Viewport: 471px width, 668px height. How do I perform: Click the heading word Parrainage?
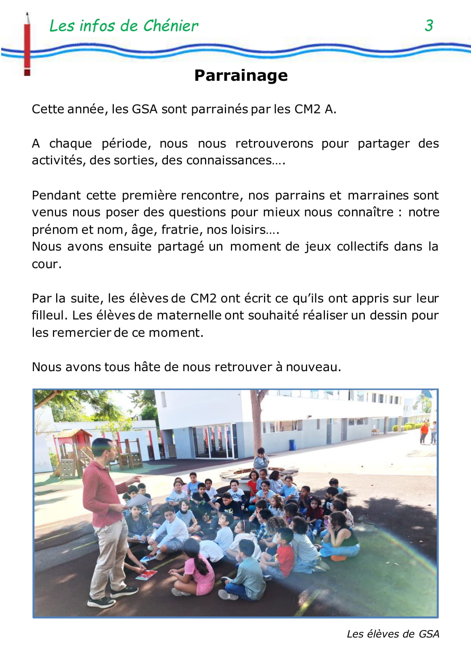pos(241,76)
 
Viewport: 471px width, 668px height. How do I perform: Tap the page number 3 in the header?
pos(429,25)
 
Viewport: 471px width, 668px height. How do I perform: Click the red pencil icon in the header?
pos(27,44)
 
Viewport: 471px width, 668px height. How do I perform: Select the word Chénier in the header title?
pos(171,26)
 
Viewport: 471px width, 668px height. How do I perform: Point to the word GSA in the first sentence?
pos(144,109)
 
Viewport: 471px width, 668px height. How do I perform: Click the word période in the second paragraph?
pos(126,144)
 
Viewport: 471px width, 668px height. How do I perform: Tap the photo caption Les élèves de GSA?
pos(393,634)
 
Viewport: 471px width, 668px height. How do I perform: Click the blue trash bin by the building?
pos(292,445)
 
